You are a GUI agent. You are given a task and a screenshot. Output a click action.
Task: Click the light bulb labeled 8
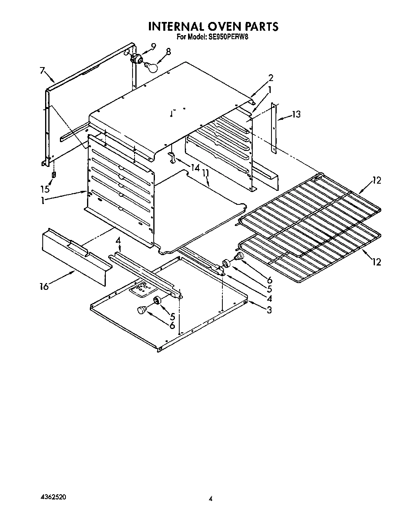point(152,67)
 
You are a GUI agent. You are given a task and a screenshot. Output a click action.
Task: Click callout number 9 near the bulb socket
point(153,45)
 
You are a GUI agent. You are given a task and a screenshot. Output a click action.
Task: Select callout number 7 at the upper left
point(42,70)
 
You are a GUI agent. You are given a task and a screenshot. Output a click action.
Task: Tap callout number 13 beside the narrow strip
point(296,115)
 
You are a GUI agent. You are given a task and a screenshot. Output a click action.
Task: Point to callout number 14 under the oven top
point(195,168)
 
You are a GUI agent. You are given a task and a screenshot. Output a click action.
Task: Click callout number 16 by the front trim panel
point(44,286)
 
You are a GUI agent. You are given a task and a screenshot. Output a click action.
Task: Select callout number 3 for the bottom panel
point(269,309)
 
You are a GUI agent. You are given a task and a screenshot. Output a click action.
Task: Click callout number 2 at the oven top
point(271,77)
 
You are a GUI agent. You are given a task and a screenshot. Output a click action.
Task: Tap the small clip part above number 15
point(54,175)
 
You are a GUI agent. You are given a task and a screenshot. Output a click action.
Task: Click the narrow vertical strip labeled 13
point(274,128)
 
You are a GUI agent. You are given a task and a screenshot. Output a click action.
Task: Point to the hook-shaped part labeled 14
point(172,157)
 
